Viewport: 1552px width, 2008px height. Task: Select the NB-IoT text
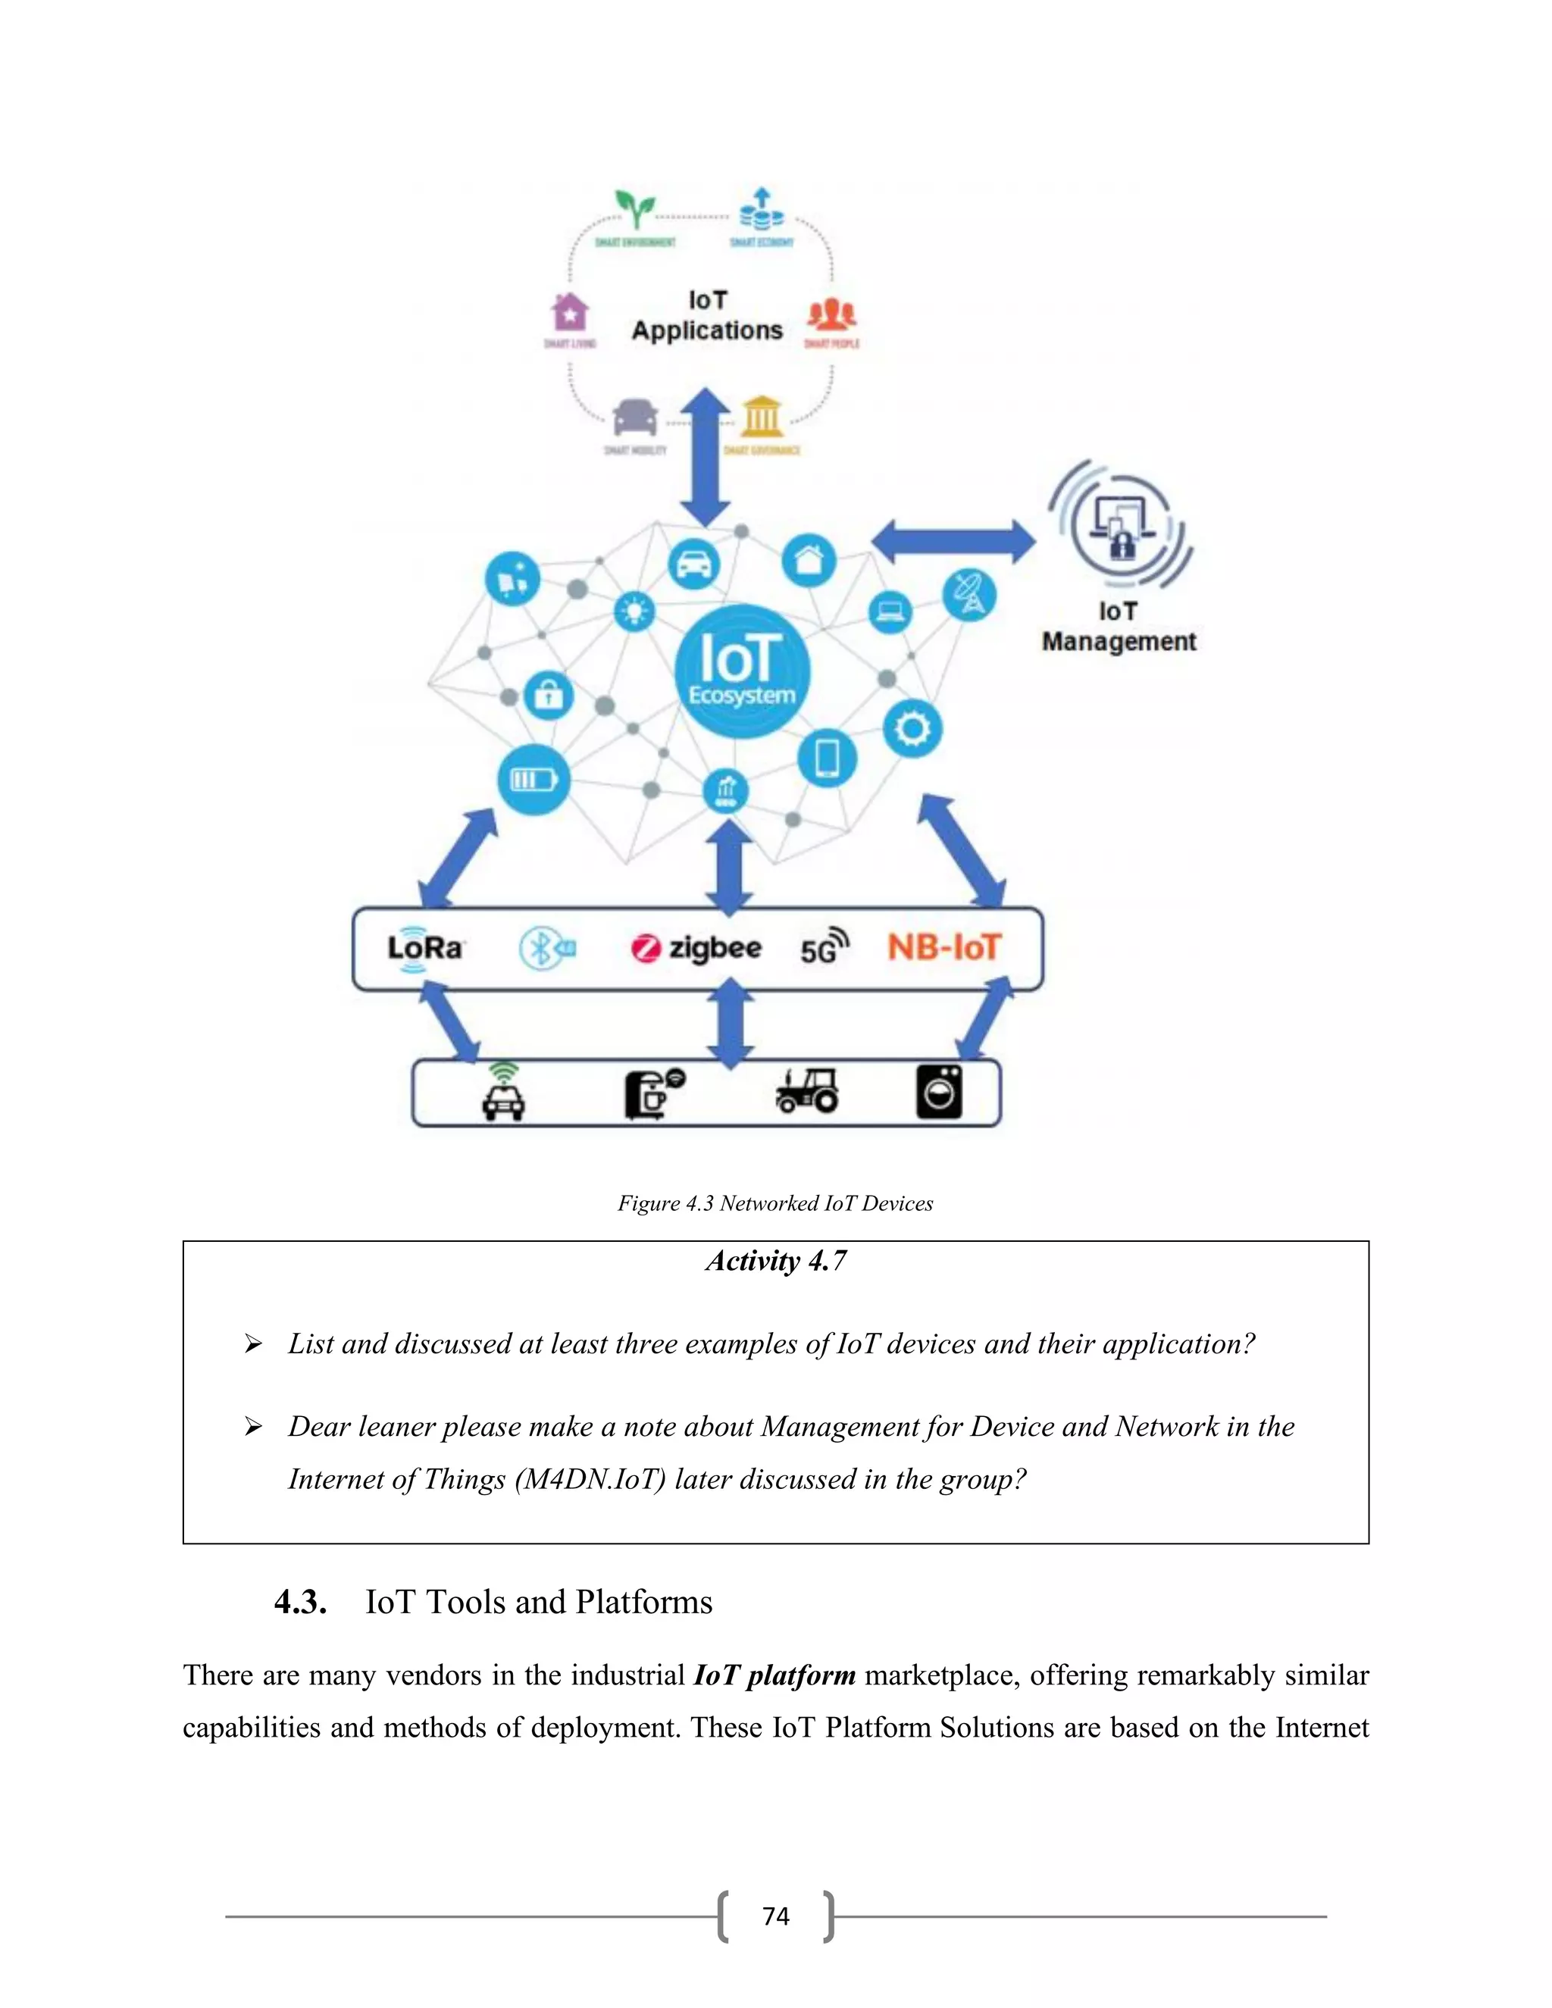[x=943, y=947]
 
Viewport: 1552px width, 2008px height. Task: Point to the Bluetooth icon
[x=546, y=949]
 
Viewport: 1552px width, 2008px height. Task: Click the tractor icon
[x=807, y=1091]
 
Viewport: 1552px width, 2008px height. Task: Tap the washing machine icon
[x=939, y=1092]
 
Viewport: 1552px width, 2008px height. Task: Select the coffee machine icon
[x=652, y=1093]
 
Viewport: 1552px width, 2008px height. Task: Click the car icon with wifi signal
[x=503, y=1093]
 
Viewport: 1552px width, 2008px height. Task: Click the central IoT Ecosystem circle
[x=742, y=671]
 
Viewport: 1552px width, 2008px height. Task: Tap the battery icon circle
[x=533, y=780]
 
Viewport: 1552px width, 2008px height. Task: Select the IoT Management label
[x=1118, y=627]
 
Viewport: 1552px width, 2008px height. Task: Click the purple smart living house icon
[x=570, y=313]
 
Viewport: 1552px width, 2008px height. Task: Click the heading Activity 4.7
[x=775, y=1261]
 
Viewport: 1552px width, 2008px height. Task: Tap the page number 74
[x=775, y=1916]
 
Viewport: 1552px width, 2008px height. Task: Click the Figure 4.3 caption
[x=775, y=1203]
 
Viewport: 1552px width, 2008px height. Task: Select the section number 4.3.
[x=301, y=1603]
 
